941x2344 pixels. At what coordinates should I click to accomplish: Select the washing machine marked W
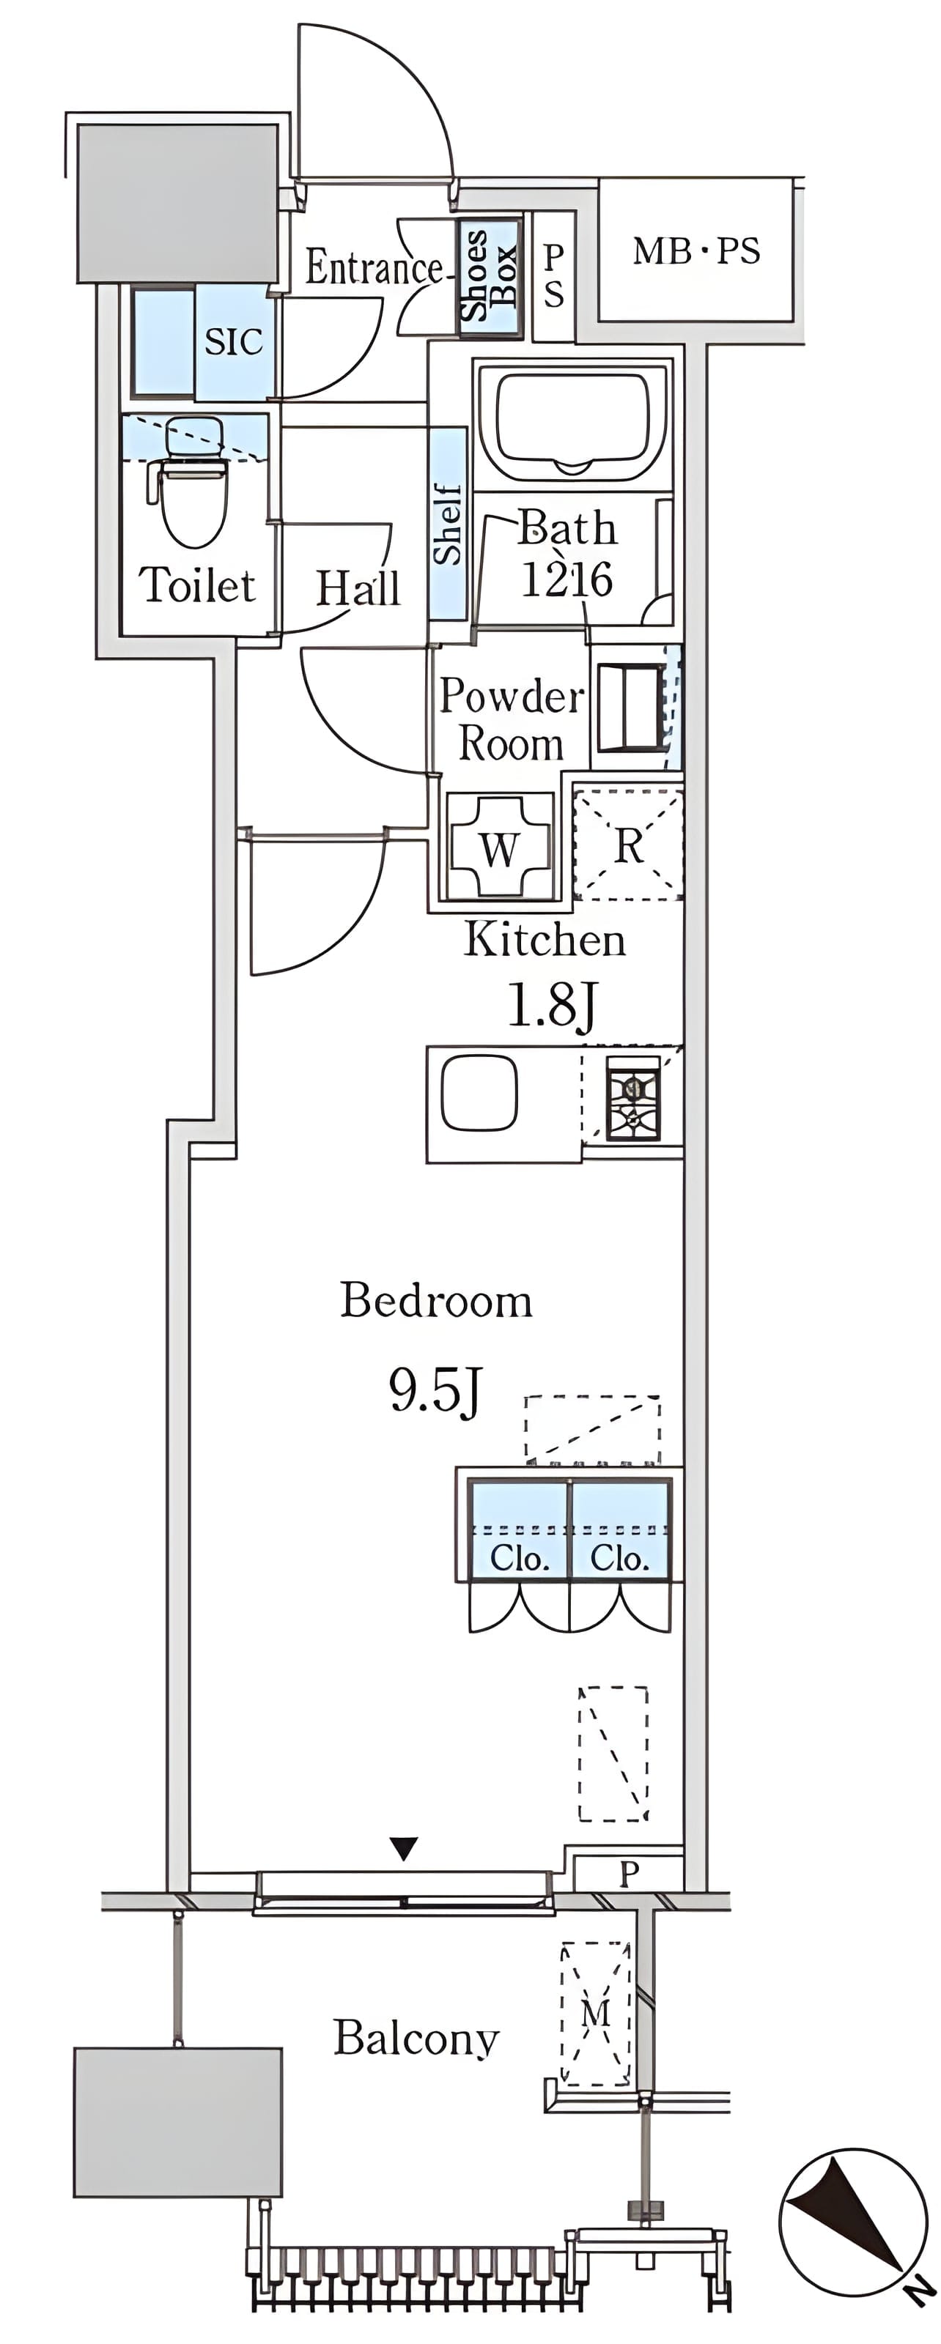500,845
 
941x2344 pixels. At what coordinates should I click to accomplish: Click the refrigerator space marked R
629,845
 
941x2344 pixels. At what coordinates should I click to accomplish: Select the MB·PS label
696,251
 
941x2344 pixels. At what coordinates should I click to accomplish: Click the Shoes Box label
490,275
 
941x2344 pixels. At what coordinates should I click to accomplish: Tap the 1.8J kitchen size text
552,1006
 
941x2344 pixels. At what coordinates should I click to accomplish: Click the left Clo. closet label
519,1559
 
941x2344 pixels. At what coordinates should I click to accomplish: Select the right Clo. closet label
619,1559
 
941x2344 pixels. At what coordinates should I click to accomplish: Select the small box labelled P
629,1874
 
